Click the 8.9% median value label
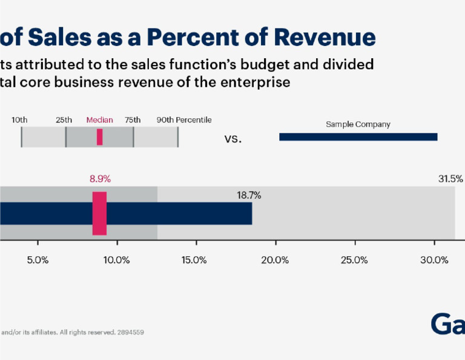(x=100, y=179)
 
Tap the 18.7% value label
(x=249, y=195)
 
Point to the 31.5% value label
(x=450, y=179)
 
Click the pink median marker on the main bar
(x=99, y=213)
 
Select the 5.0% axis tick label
(x=38, y=260)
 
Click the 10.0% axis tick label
(x=117, y=260)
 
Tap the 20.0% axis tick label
(x=275, y=260)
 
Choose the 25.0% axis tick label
(x=354, y=260)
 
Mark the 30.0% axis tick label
(x=434, y=260)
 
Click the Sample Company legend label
(x=358, y=124)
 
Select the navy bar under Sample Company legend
(x=358, y=138)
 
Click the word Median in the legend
(x=99, y=120)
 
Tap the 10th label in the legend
(x=19, y=120)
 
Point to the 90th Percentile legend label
(x=184, y=120)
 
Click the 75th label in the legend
(x=133, y=120)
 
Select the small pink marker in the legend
(x=99, y=138)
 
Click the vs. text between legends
(x=233, y=139)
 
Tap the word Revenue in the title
(x=324, y=37)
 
